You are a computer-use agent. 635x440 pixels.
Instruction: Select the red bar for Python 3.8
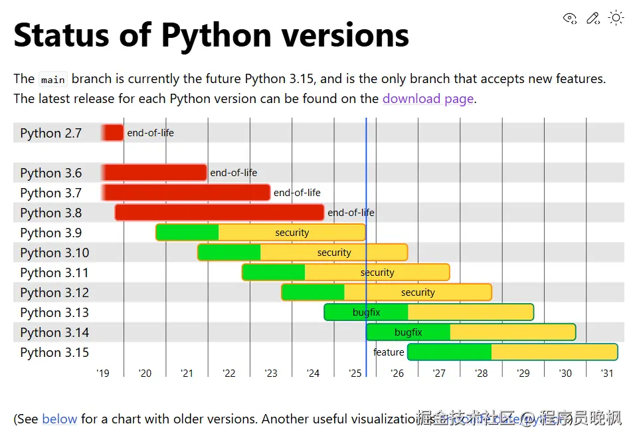pos(219,213)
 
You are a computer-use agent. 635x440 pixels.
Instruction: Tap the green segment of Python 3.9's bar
pos(187,233)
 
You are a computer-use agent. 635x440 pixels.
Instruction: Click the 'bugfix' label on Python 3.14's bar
pos(408,332)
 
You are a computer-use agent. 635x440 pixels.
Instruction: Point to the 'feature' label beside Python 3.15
pos(389,352)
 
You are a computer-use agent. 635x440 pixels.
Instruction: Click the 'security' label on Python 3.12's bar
pos(418,292)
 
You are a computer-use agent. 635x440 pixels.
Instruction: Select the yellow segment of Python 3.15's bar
pos(554,352)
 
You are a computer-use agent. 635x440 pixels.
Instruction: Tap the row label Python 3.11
pos(54,273)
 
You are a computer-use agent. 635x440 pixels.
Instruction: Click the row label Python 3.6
pos(51,173)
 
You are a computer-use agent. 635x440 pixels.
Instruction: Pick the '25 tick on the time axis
pos(355,374)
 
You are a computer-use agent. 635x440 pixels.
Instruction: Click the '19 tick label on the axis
pos(103,374)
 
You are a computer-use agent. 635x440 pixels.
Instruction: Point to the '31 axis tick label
pos(607,374)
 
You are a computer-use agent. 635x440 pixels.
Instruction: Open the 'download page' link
pos(428,99)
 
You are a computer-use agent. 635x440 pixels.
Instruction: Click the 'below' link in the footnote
pos(60,419)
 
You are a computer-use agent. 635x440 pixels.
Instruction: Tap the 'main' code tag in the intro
pos(53,80)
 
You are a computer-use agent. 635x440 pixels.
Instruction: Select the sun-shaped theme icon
pos(616,18)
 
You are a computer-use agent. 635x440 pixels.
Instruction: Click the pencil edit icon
pos(593,18)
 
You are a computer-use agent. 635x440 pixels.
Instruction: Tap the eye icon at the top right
pos(570,18)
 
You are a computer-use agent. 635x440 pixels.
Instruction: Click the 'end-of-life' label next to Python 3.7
pos(297,193)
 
